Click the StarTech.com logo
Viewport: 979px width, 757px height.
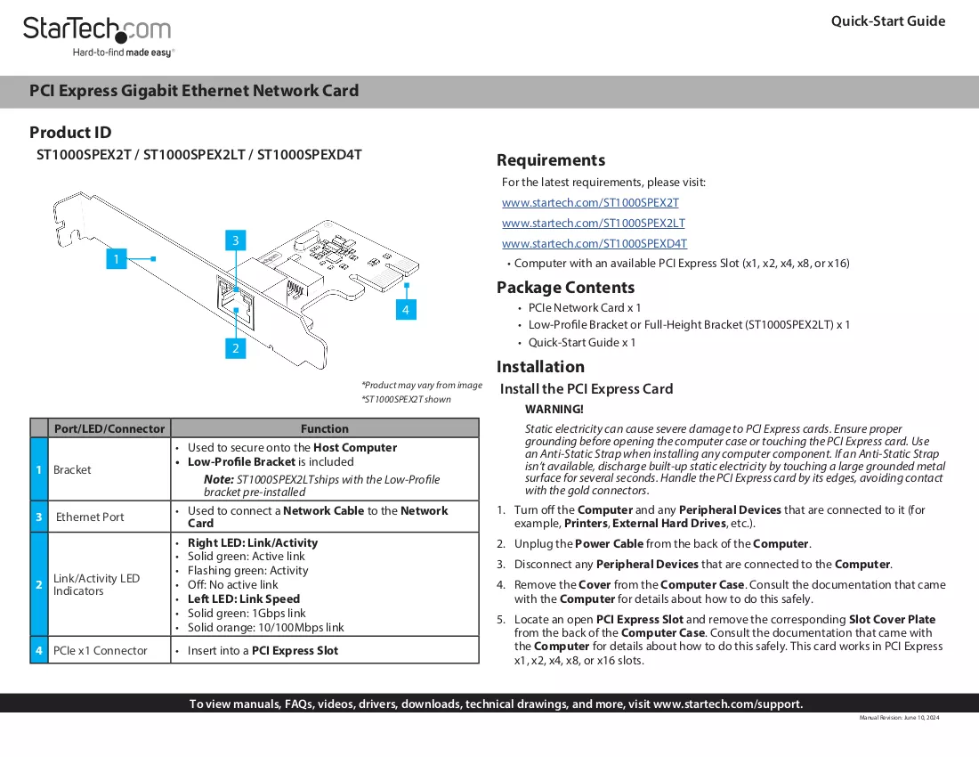click(98, 37)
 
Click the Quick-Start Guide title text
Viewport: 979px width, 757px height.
click(888, 21)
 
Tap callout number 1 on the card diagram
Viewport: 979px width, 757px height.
click(116, 258)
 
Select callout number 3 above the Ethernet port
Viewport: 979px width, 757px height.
click(235, 240)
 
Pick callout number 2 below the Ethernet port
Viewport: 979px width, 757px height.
click(235, 348)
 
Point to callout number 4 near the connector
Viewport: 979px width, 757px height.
click(406, 310)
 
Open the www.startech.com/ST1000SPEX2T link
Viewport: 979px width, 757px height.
click(590, 202)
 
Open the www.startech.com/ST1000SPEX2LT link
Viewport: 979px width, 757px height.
click(593, 223)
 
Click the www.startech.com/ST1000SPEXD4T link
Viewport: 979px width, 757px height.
click(595, 244)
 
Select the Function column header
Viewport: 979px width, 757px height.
click(325, 428)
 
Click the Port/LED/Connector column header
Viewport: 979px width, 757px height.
click(109, 428)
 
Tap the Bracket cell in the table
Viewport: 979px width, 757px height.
click(72, 469)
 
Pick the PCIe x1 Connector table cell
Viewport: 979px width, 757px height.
click(100, 650)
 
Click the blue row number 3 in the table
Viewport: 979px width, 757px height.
click(38, 517)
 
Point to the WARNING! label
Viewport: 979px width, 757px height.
click(554, 409)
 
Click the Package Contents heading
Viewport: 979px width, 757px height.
click(565, 288)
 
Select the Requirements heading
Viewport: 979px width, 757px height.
click(551, 160)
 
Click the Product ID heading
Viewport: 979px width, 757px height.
click(70, 133)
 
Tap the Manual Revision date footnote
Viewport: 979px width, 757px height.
click(899, 718)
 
